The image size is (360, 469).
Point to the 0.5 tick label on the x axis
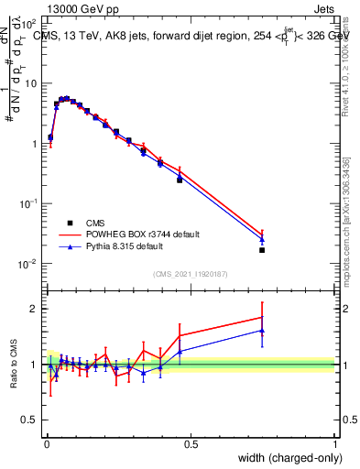[191, 444]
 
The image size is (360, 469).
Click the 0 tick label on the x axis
[47, 444]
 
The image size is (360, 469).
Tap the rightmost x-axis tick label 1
[334, 444]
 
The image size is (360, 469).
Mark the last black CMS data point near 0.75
[262, 249]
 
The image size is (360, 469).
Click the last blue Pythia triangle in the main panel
[262, 240]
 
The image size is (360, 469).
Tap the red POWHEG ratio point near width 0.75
[262, 317]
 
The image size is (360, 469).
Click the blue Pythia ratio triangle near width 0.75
[262, 331]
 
